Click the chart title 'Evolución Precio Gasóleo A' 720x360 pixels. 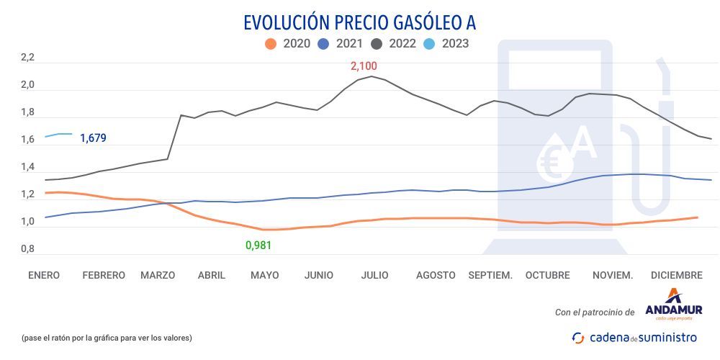tap(359, 22)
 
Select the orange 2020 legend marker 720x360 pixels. tap(271, 44)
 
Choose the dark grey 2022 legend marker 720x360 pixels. tap(377, 44)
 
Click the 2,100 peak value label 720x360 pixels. tap(364, 66)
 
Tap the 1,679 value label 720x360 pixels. tap(93, 138)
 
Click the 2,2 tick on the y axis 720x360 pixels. tap(27, 58)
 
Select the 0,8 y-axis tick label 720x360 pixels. tap(27, 249)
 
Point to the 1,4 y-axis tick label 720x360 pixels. tap(27, 168)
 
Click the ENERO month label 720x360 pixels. tap(44, 275)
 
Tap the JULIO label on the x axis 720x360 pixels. tap(375, 275)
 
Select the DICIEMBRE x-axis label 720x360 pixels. tap(676, 275)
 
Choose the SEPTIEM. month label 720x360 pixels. tap(490, 275)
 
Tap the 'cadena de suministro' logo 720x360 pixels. tap(634, 337)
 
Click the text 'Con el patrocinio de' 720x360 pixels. tap(595, 312)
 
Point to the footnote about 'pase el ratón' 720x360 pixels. tap(107, 337)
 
